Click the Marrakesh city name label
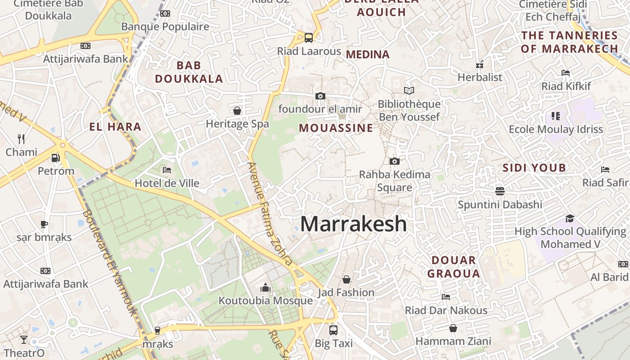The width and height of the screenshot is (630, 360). coord(353,224)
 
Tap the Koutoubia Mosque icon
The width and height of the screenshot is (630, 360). coord(265,288)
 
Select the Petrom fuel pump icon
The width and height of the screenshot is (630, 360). coord(56,158)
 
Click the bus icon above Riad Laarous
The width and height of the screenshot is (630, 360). coord(309,38)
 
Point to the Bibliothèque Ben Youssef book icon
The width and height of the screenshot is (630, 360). coord(409,91)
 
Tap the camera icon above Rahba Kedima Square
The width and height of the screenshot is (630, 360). coord(394,161)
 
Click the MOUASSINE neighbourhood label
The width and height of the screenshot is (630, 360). coord(336,128)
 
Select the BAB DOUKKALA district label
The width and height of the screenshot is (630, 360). coord(189,72)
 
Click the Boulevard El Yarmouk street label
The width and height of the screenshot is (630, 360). coord(110,263)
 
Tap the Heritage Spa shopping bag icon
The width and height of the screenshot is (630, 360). coord(237,111)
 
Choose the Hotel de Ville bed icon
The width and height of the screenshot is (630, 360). coord(167,170)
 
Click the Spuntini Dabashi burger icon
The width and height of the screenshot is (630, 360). coord(499,191)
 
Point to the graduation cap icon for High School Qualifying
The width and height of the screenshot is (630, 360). coord(570,218)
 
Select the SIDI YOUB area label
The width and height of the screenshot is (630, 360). coord(534,168)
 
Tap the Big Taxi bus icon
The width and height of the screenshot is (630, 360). coord(333,330)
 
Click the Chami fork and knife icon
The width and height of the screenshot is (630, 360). coord(21,139)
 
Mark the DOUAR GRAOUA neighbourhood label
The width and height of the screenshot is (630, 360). coord(454,266)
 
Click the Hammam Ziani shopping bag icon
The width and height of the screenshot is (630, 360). coord(453,328)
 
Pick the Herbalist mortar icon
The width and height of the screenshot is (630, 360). coord(480,64)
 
